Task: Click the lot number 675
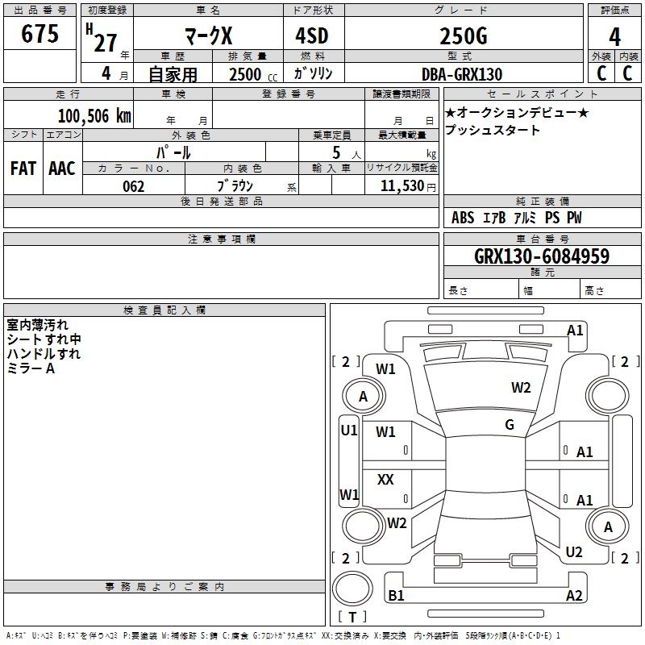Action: [x=40, y=33]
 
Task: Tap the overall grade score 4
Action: [x=614, y=37]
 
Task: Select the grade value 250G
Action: [x=464, y=36]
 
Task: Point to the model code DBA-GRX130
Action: [x=462, y=74]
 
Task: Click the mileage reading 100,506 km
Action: [x=94, y=116]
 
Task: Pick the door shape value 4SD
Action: [x=312, y=35]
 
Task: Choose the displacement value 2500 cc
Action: [x=253, y=74]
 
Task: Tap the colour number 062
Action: [x=134, y=186]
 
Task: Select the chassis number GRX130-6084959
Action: [x=542, y=256]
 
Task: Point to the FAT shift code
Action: [x=23, y=169]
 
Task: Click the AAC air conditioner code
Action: [x=62, y=169]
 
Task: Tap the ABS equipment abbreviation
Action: [x=463, y=218]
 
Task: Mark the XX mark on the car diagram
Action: [x=385, y=479]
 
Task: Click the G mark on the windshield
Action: [x=510, y=425]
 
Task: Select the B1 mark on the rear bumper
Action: [x=396, y=595]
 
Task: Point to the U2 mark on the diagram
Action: [x=574, y=552]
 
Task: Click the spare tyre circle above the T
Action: [x=352, y=589]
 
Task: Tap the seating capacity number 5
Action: [x=336, y=152]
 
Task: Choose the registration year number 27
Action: [x=106, y=44]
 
